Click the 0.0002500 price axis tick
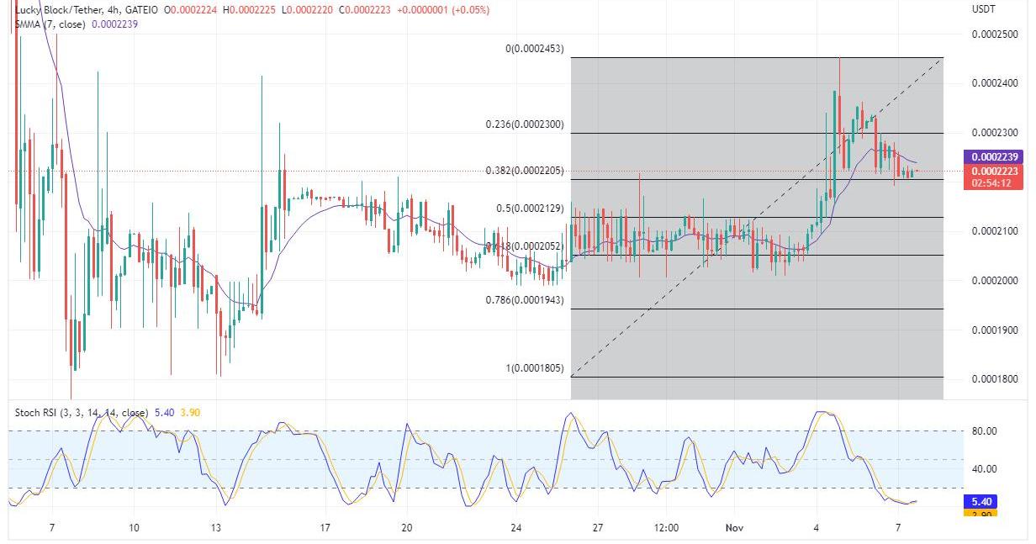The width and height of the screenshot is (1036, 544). (994, 34)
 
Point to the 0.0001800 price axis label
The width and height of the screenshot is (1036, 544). (994, 379)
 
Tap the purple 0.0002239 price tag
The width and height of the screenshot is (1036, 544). (996, 157)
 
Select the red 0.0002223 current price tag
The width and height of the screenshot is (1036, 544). (996, 171)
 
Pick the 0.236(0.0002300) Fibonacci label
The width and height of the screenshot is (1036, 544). (525, 124)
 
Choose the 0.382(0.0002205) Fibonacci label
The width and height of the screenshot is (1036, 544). (525, 171)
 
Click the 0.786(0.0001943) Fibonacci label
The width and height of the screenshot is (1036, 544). (525, 299)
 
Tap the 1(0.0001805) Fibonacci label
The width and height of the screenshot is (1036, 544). (534, 368)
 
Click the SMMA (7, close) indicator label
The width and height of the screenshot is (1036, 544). (50, 24)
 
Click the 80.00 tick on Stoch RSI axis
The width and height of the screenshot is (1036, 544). (984, 431)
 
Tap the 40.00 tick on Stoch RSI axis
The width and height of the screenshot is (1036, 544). (984, 469)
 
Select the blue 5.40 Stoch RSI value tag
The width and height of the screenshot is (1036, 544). (980, 501)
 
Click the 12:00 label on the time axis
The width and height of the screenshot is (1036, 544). (665, 528)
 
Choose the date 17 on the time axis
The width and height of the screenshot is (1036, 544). (325, 528)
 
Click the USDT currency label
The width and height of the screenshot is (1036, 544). (983, 8)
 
